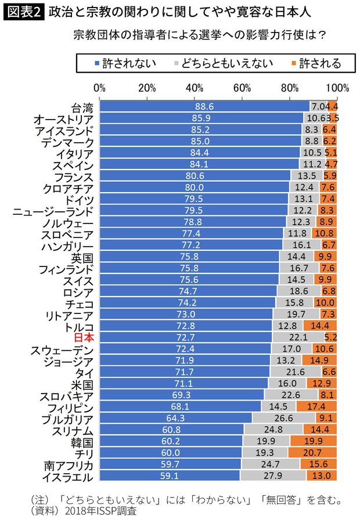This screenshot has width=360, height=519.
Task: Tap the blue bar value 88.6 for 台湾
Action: (x=204, y=107)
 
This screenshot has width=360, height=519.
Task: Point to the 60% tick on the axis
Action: (x=242, y=88)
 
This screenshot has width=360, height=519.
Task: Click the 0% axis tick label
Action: (x=99, y=88)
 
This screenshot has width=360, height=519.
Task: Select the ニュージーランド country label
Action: (x=53, y=209)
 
